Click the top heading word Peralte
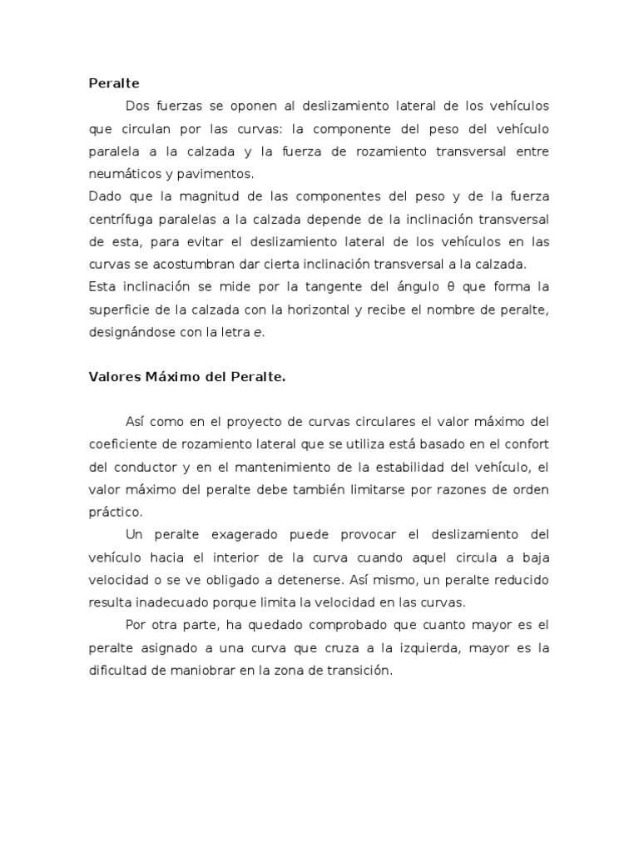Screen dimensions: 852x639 tap(114, 83)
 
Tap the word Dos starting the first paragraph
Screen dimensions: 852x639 tap(136, 106)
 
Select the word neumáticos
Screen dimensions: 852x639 tap(122, 175)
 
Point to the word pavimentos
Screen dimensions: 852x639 tap(220, 175)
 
